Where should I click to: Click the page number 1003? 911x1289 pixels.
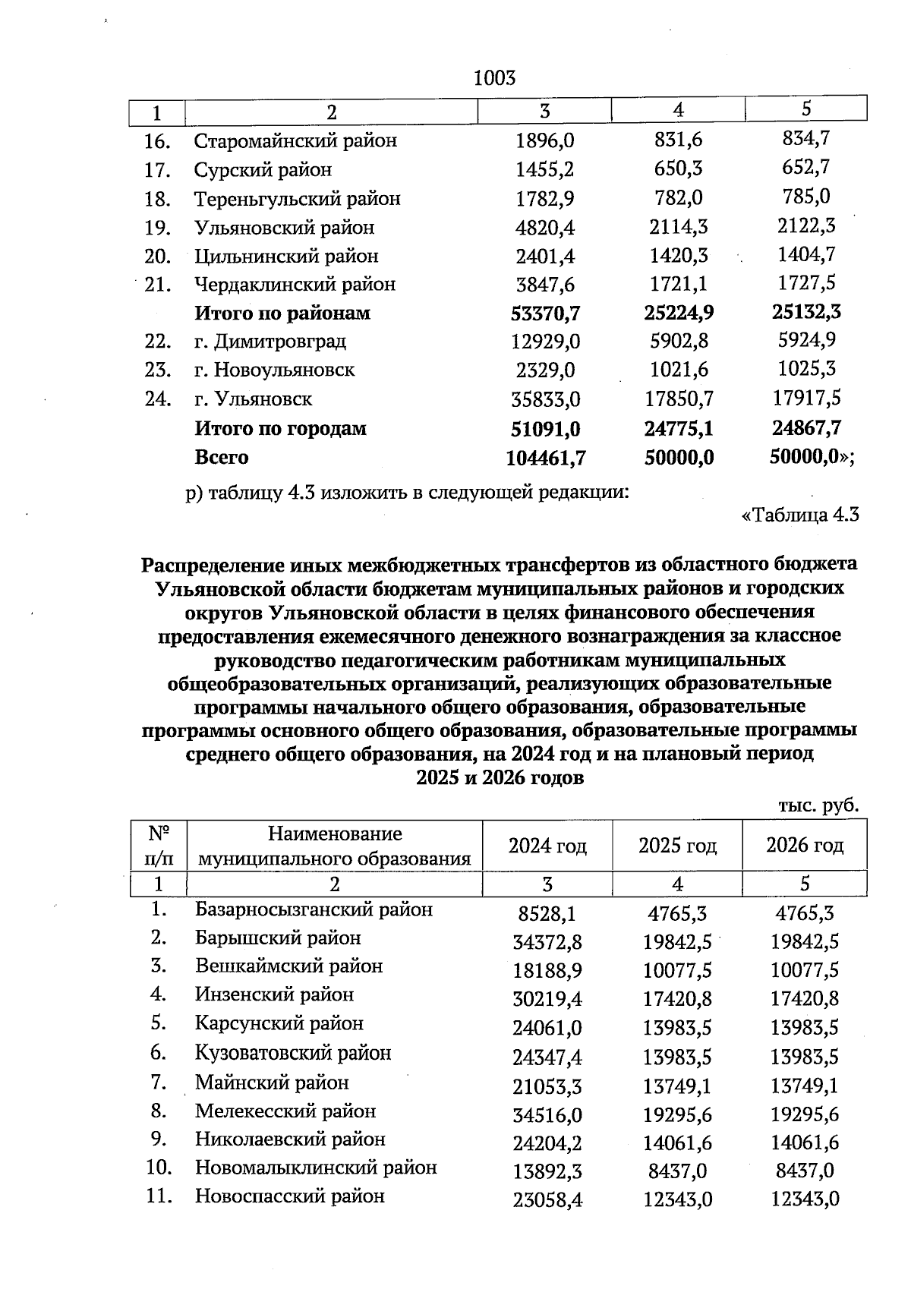coord(494,78)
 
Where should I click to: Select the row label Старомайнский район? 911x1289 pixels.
coord(295,141)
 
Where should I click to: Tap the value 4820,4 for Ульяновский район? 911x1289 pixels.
coord(544,228)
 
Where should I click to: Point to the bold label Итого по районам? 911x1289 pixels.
coord(282,314)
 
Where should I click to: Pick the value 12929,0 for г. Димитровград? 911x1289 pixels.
coord(545,342)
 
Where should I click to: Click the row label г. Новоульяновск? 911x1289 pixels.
coord(274,370)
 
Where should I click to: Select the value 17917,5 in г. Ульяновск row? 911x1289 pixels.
coord(806,398)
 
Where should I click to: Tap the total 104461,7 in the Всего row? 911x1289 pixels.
coord(544,458)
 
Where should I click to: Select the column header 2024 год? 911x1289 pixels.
coord(547,846)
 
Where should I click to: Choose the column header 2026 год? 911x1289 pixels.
coord(805,846)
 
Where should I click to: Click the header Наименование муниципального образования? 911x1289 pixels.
coord(334,846)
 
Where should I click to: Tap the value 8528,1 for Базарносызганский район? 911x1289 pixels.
coord(547,913)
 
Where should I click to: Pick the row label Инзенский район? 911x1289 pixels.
coord(274,994)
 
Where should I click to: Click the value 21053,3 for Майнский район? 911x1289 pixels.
coord(547,1087)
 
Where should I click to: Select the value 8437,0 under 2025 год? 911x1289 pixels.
coord(677,1171)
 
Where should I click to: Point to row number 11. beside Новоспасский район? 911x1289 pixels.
coord(159,1197)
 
